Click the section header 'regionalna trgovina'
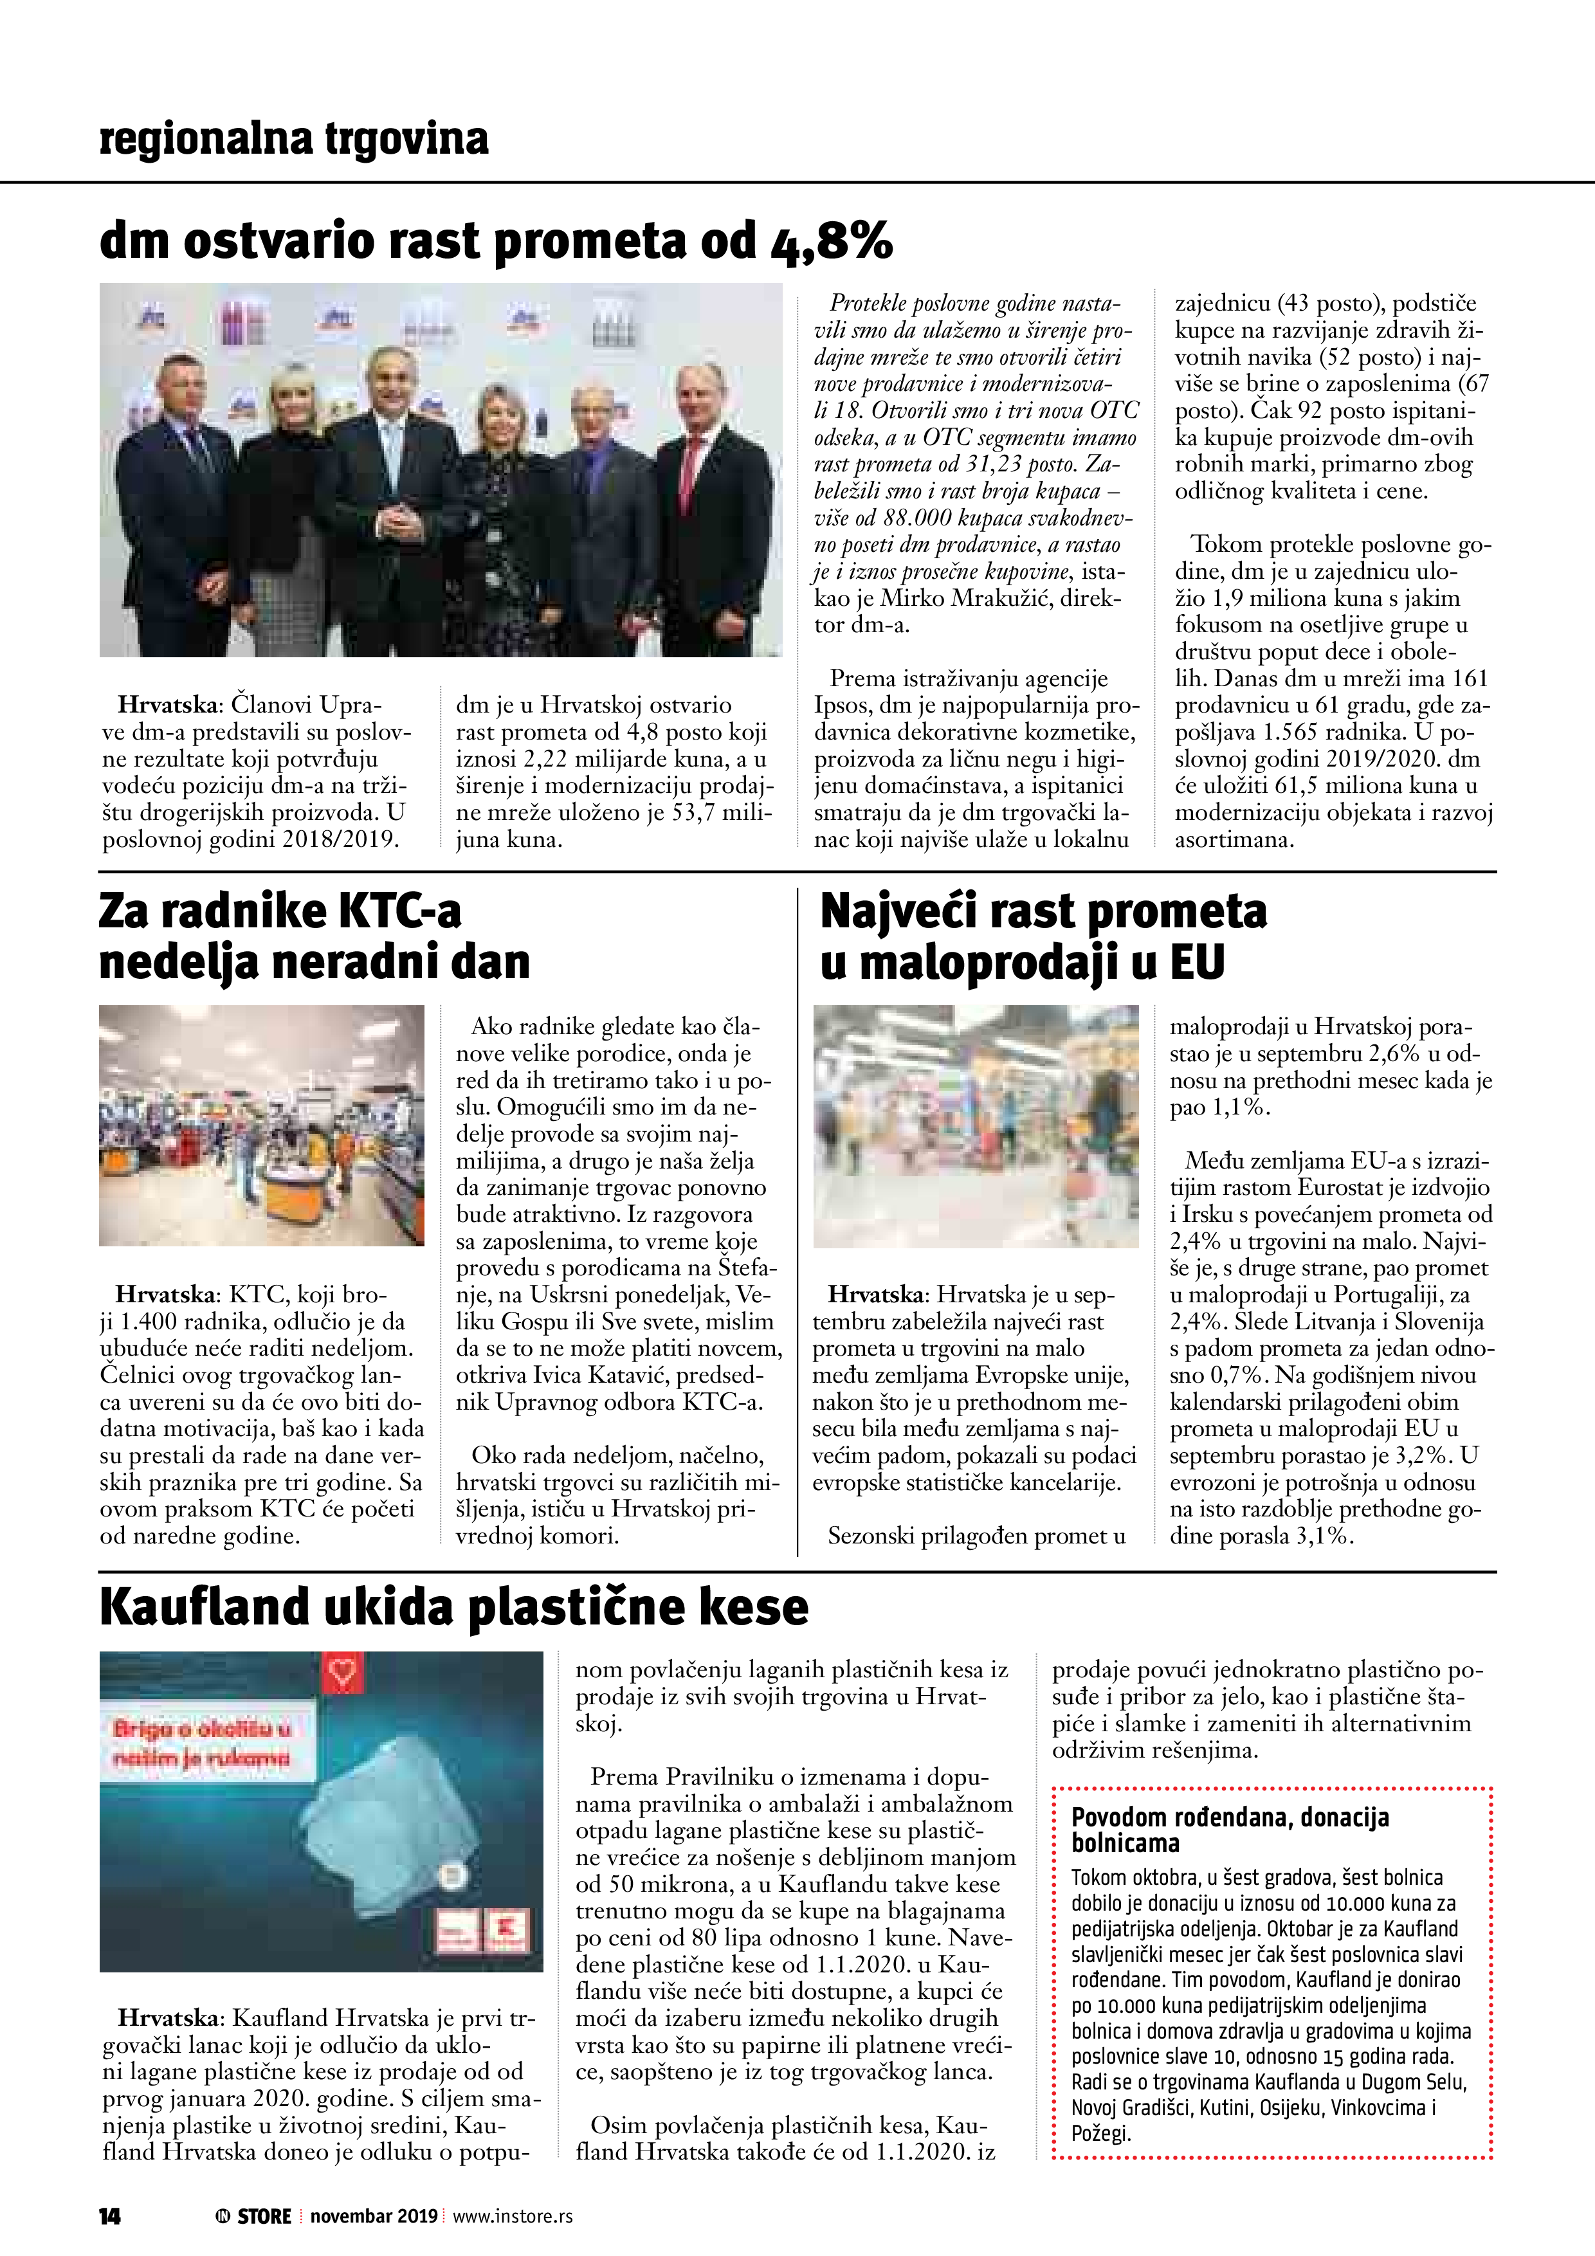294,138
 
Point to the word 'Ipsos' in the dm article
843,705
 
